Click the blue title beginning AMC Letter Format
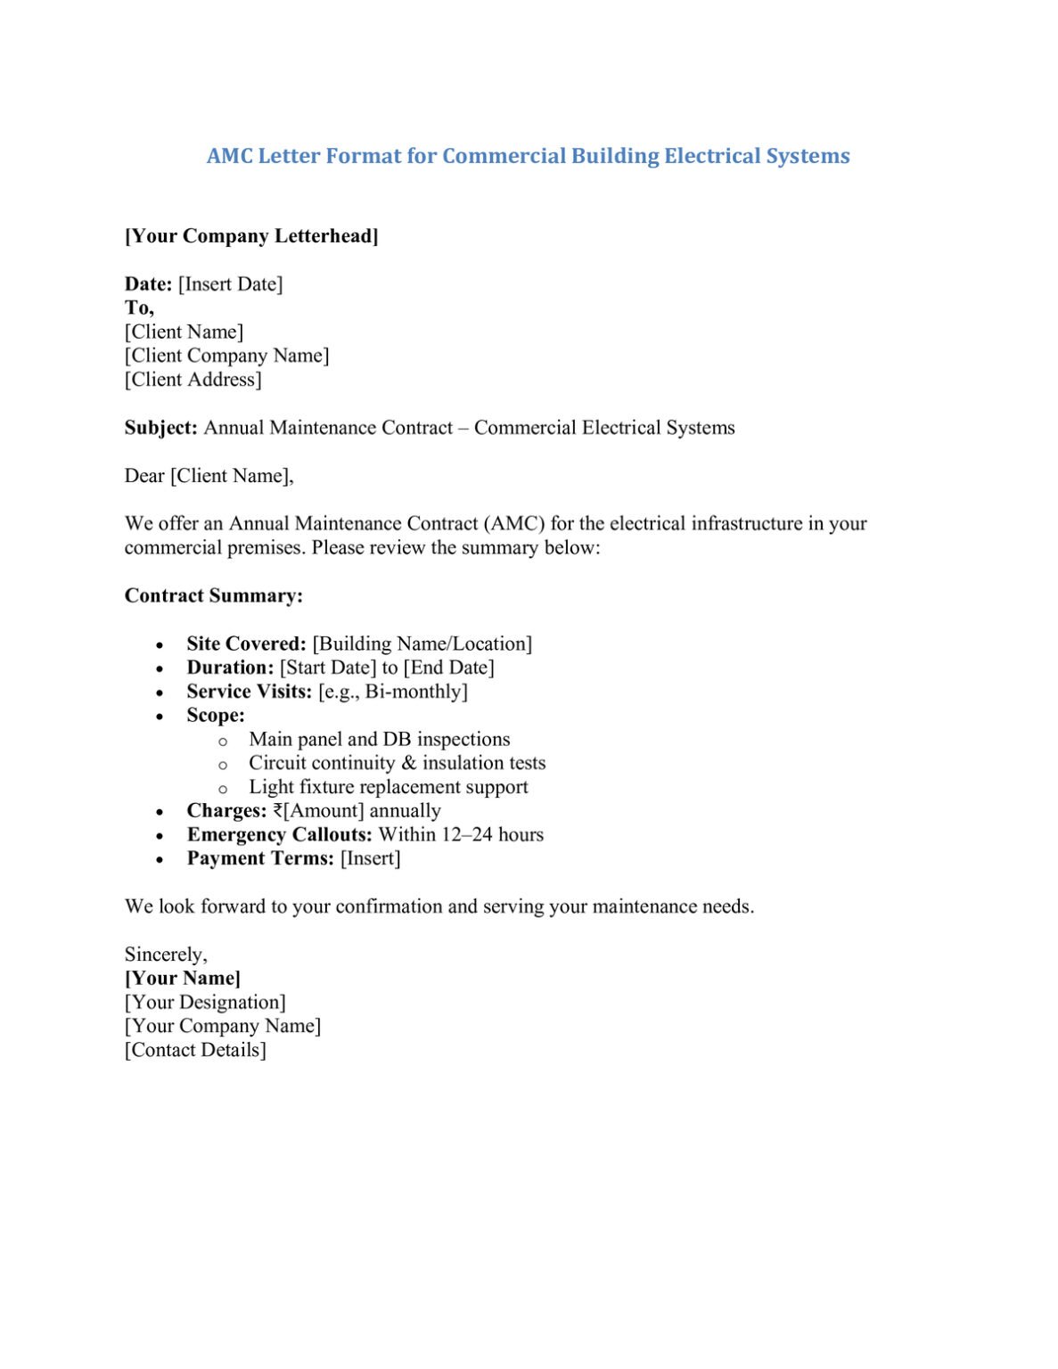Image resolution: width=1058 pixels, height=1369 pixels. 528,156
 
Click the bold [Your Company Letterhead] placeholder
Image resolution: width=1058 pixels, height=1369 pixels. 251,236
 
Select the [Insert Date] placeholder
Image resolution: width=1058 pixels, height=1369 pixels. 230,284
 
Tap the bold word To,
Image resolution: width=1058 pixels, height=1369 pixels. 139,307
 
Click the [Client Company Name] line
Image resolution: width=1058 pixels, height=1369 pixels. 226,356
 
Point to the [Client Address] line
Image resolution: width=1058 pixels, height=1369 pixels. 193,380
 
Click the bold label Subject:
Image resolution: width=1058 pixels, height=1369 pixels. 160,428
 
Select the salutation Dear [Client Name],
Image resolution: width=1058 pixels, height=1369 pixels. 209,476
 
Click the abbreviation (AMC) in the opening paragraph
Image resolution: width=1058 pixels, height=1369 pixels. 514,523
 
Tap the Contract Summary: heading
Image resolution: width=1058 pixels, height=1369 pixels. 213,595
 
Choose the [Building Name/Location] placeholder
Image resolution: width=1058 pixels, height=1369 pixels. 422,644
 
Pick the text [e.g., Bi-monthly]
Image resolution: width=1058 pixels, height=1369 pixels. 392,692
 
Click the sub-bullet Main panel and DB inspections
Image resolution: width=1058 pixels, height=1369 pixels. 379,740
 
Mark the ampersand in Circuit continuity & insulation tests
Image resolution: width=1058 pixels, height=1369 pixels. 409,763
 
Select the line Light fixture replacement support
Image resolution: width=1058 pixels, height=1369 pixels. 388,787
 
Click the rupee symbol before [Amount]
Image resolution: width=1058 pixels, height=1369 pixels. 277,811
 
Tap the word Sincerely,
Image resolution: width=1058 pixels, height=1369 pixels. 166,955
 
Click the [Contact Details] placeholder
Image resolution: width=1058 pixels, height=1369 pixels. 195,1050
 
